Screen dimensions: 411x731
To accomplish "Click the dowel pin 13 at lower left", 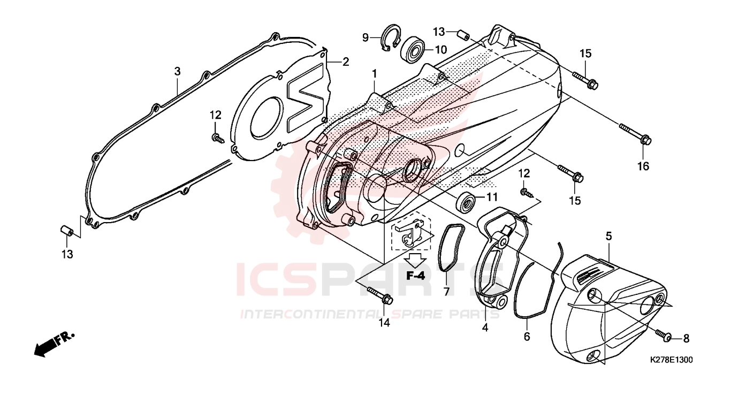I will click(66, 231).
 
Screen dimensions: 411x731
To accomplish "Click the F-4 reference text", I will click(415, 276).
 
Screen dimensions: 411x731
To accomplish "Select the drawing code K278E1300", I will click(671, 360).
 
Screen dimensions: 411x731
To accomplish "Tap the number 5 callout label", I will click(608, 235).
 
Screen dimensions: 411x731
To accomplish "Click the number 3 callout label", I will click(177, 71).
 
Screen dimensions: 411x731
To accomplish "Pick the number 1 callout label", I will click(375, 73).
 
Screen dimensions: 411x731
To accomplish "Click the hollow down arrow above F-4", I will click(415, 260).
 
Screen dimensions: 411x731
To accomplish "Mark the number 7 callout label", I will click(446, 292).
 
